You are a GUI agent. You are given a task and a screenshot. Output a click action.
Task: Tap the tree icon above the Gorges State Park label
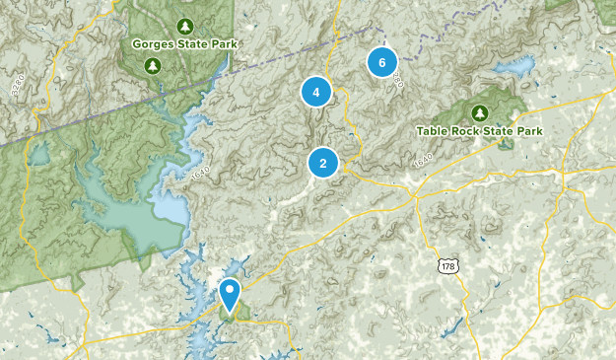tap(184, 25)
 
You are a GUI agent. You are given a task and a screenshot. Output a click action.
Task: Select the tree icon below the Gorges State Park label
tap(153, 66)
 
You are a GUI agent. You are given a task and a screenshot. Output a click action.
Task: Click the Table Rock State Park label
tap(479, 130)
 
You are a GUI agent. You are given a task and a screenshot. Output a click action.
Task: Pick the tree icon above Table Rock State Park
tap(480, 111)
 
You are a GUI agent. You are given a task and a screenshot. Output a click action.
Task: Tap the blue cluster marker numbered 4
tap(315, 93)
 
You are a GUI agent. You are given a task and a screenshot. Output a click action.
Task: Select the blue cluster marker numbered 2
tap(322, 163)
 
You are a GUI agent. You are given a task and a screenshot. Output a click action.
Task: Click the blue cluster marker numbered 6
tap(381, 62)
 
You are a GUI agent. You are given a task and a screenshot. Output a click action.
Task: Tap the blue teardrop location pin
tap(230, 293)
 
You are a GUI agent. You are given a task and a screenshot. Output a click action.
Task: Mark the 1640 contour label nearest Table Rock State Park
tap(424, 160)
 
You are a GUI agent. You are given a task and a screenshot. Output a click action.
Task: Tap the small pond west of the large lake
tap(39, 156)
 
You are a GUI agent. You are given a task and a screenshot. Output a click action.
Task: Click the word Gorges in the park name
tap(154, 44)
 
